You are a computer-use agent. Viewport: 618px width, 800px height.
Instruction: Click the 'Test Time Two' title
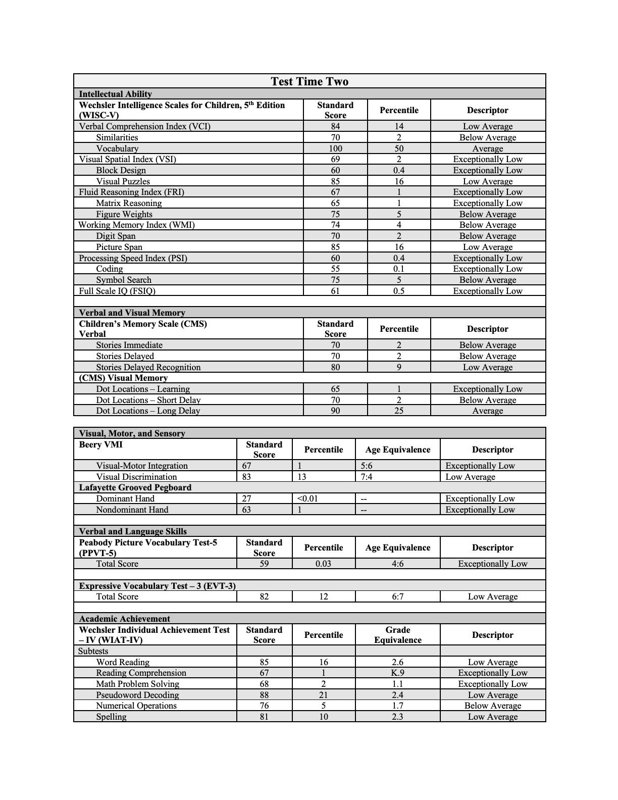click(309, 81)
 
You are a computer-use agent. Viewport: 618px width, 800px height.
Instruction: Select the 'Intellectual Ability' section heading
click(115, 94)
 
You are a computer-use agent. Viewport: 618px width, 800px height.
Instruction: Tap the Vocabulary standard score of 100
click(335, 148)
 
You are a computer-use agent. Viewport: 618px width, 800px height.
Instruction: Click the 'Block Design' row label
click(121, 170)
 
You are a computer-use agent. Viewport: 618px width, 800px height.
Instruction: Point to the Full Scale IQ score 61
click(335, 291)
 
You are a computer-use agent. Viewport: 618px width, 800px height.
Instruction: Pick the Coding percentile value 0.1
click(399, 269)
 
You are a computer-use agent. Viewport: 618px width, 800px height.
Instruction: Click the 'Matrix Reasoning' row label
click(129, 203)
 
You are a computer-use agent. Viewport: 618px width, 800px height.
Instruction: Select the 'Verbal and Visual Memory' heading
click(132, 313)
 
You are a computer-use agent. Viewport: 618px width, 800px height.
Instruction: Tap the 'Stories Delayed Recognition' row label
click(148, 367)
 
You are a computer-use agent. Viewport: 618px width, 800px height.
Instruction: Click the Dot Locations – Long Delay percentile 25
click(399, 411)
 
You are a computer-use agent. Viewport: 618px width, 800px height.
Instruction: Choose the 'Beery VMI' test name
click(100, 445)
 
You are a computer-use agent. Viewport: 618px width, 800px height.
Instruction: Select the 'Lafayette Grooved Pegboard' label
click(135, 487)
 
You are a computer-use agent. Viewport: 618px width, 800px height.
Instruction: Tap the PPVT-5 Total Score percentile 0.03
click(323, 564)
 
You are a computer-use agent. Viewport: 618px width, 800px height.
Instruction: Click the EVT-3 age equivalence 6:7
click(397, 596)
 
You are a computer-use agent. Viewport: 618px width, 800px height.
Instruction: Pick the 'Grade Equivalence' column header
click(397, 635)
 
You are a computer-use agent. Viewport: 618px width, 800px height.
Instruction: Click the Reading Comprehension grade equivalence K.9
click(397, 673)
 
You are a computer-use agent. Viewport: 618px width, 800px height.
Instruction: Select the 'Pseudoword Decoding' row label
click(137, 695)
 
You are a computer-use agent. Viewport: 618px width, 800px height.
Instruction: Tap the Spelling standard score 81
click(264, 717)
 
